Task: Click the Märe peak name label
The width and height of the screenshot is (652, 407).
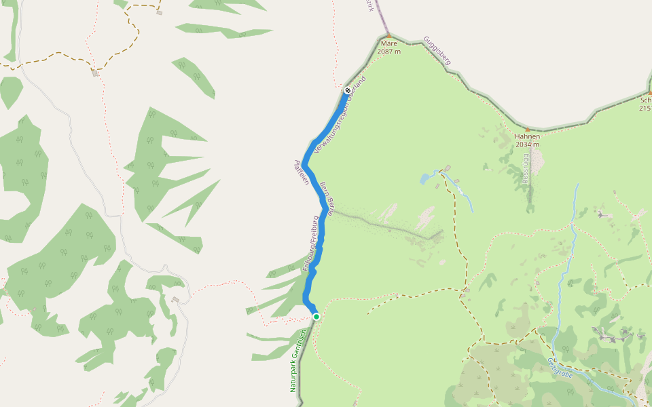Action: (388, 43)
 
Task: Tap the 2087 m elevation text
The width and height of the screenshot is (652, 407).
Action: (388, 52)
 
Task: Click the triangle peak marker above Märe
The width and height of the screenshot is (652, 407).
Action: (388, 36)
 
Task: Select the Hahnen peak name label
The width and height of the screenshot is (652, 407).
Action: (527, 136)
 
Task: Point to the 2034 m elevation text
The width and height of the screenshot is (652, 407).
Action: (527, 144)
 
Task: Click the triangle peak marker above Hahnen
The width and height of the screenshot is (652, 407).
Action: (527, 129)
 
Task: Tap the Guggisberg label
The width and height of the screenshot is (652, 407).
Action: (437, 51)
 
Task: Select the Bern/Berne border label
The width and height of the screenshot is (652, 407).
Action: (326, 198)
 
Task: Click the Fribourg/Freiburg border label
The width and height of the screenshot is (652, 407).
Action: (310, 244)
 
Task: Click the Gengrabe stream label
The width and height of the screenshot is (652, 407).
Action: (561, 370)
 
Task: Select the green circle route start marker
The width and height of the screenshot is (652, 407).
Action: (316, 316)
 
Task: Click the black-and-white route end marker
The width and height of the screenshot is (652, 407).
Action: (348, 90)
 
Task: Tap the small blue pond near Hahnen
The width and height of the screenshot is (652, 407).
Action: (426, 178)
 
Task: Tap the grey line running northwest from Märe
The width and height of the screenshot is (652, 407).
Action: (378, 17)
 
